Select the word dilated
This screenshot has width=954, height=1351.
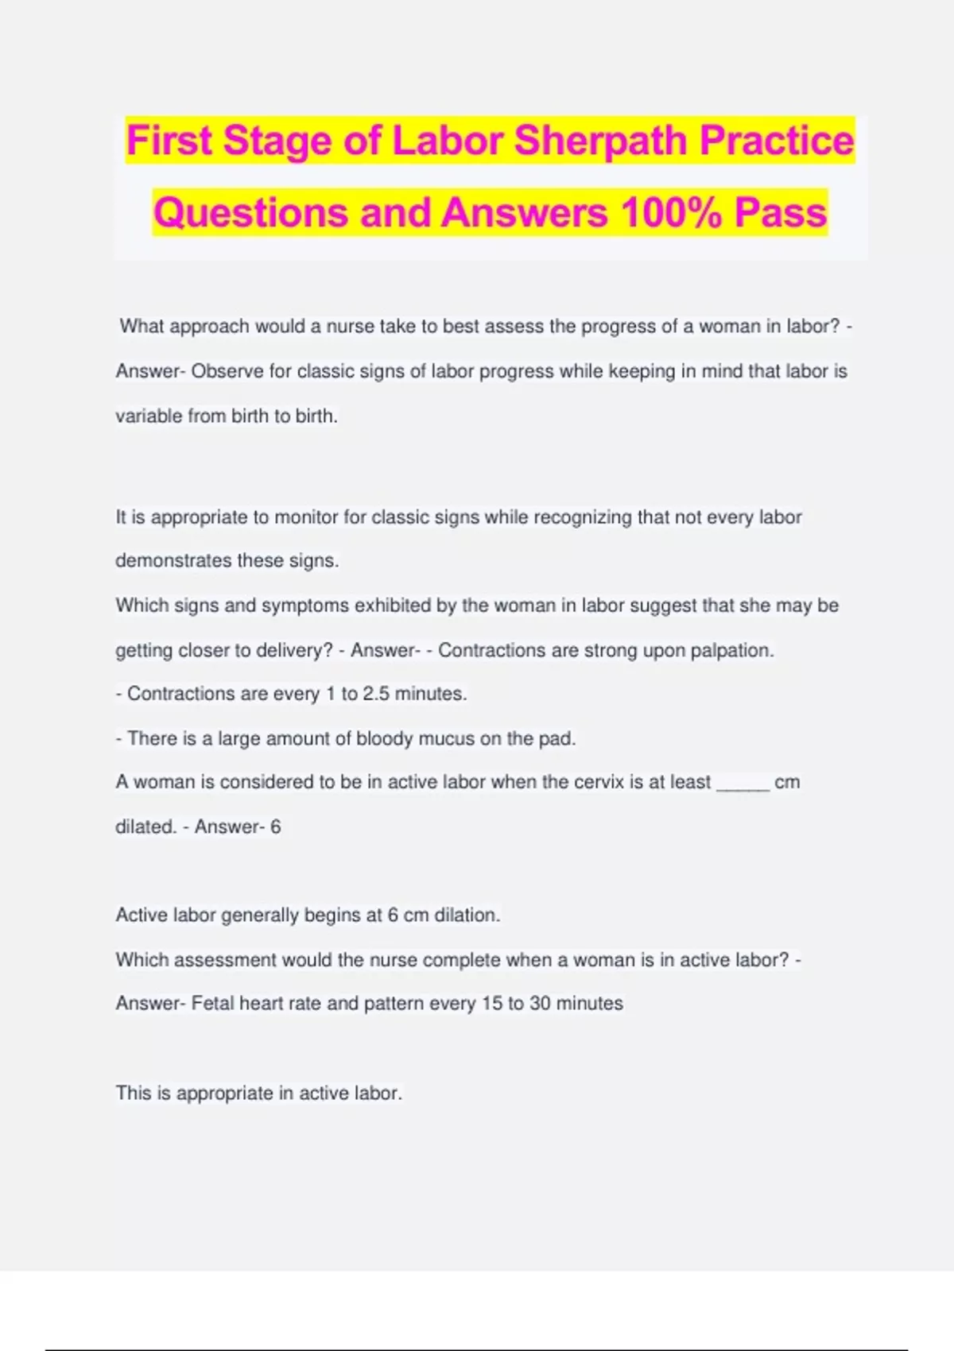[145, 826]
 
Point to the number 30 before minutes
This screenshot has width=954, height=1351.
[540, 1004]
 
